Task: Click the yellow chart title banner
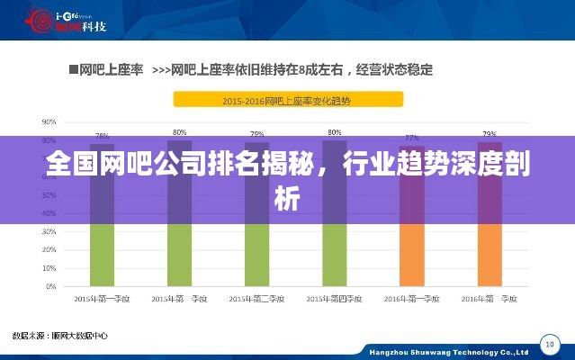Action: coord(288,100)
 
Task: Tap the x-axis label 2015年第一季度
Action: coord(102,298)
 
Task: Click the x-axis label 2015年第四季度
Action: coord(334,298)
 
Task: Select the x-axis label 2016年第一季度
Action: coord(412,298)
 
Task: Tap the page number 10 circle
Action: coord(549,344)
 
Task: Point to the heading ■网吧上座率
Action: coord(106,68)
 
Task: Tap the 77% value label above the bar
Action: coord(412,138)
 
